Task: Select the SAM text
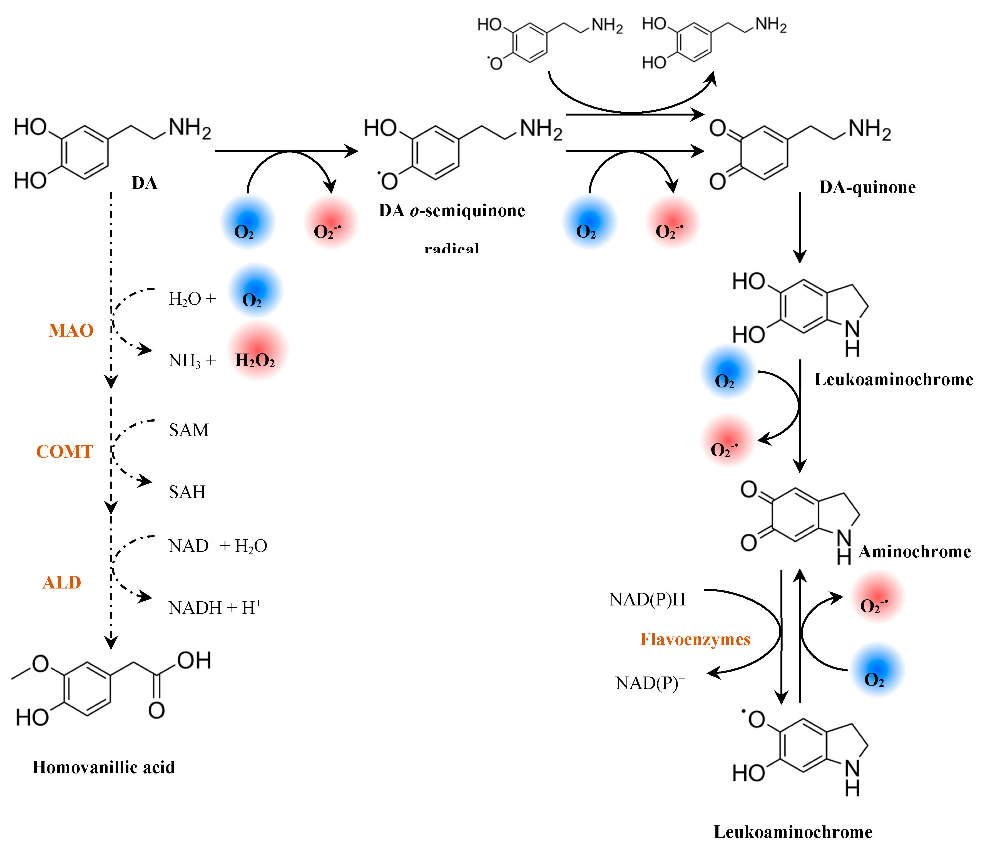[189, 430]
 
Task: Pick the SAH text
[187, 492]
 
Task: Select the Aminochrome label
[914, 552]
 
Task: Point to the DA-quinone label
[867, 187]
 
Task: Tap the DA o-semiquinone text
[452, 211]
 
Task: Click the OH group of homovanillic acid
[194, 660]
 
